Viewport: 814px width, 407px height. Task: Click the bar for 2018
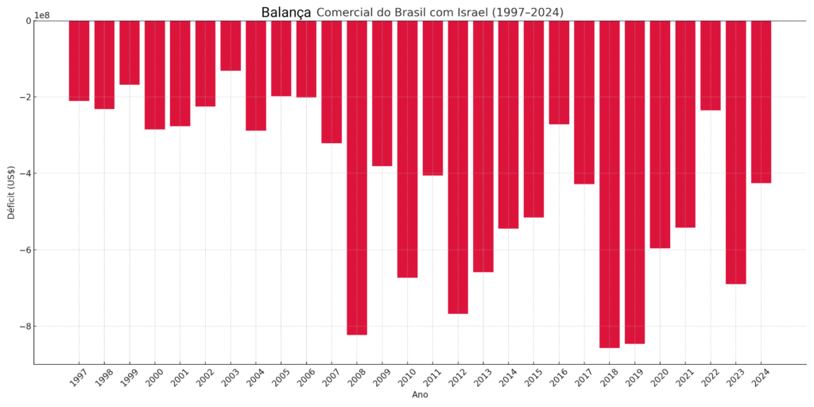point(610,184)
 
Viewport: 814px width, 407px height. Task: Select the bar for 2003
point(231,45)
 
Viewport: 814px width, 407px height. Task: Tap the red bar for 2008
point(357,178)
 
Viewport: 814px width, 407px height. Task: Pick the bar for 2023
point(735,152)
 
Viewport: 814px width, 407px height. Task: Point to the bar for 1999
point(130,52)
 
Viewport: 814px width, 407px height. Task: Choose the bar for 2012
point(458,167)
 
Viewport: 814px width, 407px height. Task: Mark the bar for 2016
point(559,72)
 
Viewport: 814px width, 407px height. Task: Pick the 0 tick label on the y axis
point(28,21)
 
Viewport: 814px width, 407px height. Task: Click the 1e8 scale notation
point(42,16)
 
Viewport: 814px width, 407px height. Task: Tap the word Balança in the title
point(286,13)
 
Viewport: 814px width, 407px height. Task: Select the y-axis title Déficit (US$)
point(11,192)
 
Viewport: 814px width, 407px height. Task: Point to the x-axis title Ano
point(420,395)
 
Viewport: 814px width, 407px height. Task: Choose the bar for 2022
point(710,65)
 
